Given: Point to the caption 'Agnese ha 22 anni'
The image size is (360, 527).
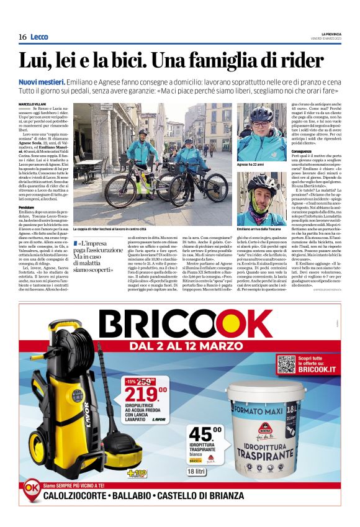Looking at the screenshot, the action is pos(250,164).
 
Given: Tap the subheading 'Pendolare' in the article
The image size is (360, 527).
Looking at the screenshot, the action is pos(27,207).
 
